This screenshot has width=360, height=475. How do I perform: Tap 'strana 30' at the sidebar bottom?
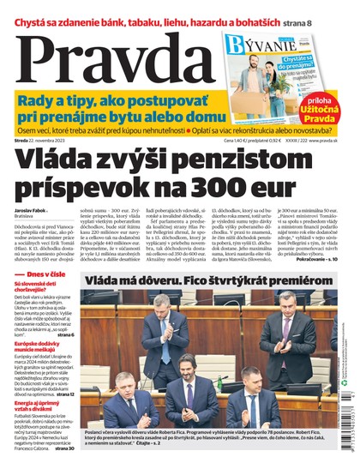[63, 448]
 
